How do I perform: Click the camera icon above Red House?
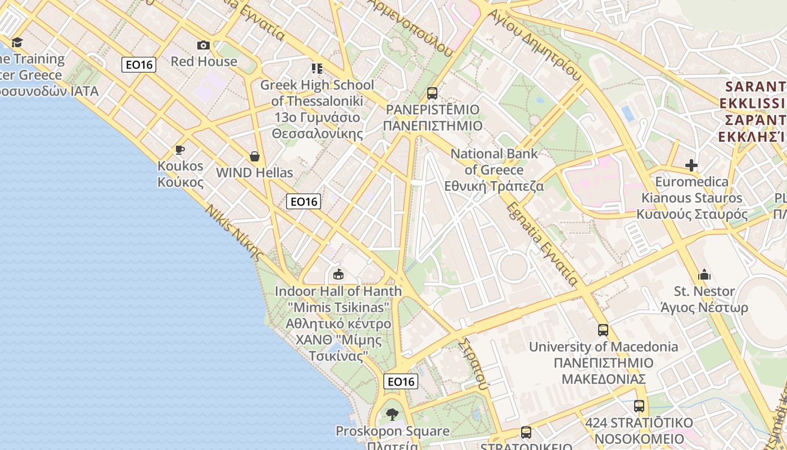tap(203, 46)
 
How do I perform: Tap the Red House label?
tap(204, 61)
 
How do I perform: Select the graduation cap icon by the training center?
tap(17, 43)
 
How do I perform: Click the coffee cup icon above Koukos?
tap(180, 150)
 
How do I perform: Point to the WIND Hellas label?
tap(255, 173)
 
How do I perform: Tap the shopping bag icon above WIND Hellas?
tap(255, 156)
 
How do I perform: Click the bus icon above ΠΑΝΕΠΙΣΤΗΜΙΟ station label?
tap(432, 93)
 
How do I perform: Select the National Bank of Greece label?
tap(494, 169)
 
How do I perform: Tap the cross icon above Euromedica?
tap(691, 165)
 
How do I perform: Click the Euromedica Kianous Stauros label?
tap(693, 197)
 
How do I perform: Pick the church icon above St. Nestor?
tap(704, 275)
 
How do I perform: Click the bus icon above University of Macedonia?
tap(603, 330)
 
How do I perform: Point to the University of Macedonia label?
tap(603, 363)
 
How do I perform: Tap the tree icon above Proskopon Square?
tap(392, 415)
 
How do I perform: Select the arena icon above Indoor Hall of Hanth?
tap(338, 274)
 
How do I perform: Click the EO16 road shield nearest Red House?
tap(139, 65)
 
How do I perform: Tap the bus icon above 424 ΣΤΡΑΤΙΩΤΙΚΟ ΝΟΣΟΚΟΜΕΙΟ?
tap(639, 406)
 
